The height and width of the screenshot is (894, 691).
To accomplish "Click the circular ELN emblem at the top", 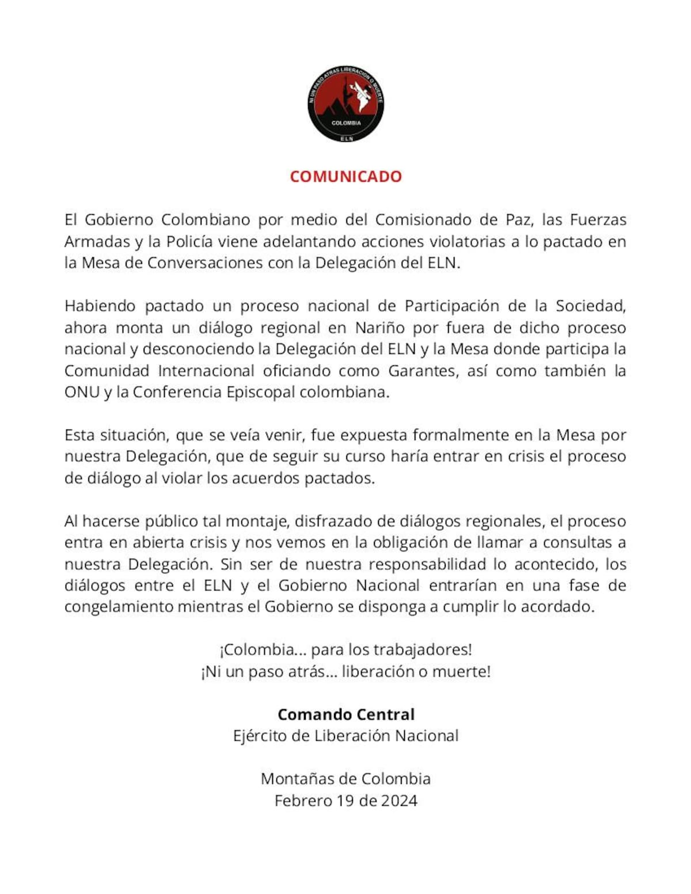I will click(345, 104).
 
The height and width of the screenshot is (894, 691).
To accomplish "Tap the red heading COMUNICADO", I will click(345, 176).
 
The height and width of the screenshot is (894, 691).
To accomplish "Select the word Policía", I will click(189, 241).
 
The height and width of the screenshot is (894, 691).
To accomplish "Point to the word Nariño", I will click(378, 328).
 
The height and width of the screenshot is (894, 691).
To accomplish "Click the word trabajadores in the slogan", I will click(423, 650).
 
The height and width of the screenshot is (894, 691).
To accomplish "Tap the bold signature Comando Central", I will click(345, 714).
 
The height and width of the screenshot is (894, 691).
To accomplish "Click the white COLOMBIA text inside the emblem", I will click(346, 123).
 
